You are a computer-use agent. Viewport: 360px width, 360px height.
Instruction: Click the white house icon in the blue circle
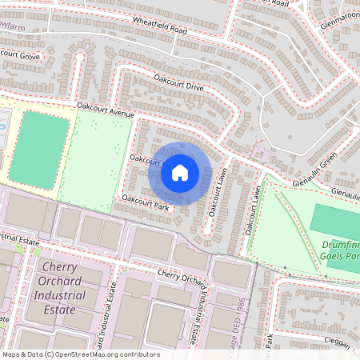pos(180,172)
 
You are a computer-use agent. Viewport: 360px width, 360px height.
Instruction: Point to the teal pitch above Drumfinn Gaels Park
pos(336,220)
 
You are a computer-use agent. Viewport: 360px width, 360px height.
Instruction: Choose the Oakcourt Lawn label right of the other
pos(254,210)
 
